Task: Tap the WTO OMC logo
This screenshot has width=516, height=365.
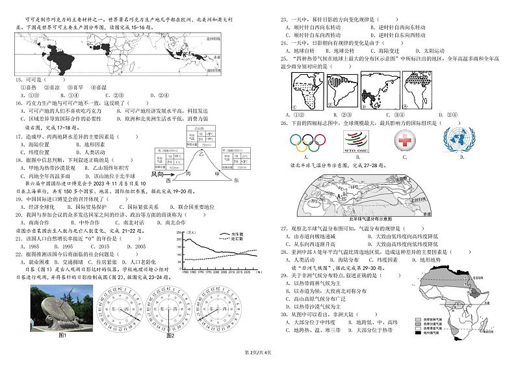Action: point(356,141)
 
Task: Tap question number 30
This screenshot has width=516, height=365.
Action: point(283,314)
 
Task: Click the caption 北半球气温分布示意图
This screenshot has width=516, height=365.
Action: point(371,219)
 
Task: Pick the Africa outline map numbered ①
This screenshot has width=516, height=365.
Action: point(301,89)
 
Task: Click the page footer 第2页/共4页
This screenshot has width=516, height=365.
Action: point(257,352)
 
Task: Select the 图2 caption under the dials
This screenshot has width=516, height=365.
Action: point(170,336)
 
